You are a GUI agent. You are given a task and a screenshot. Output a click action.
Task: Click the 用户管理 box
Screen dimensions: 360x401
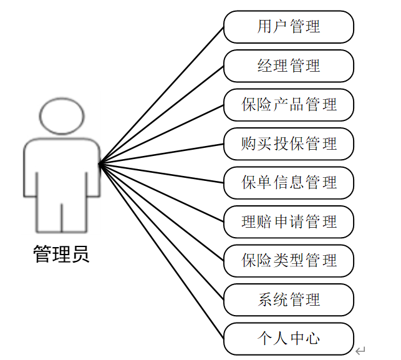pyautogui.click(x=288, y=27)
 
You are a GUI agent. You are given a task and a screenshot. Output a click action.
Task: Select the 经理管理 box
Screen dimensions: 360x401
pyautogui.click(x=288, y=66)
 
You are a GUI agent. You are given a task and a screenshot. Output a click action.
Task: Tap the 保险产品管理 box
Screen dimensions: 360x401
pyautogui.click(x=288, y=104)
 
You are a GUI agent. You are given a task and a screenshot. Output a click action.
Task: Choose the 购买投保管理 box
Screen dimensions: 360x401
pyautogui.click(x=288, y=144)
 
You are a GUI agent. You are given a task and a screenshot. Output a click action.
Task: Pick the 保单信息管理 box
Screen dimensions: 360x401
pyautogui.click(x=288, y=182)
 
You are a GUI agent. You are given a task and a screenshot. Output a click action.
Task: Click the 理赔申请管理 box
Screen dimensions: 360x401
pyautogui.click(x=288, y=221)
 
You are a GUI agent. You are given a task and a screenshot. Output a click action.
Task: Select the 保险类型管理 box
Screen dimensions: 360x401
pyautogui.click(x=288, y=260)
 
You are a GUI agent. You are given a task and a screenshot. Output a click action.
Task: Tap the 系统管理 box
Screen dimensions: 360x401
pyautogui.click(x=288, y=299)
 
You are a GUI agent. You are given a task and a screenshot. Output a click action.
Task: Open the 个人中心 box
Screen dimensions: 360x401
pyautogui.click(x=288, y=338)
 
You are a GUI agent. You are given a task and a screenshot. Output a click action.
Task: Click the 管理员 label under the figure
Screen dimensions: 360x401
pyautogui.click(x=61, y=253)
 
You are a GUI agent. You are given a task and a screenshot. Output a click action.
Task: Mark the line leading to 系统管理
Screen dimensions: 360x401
pyautogui.click(x=162, y=231)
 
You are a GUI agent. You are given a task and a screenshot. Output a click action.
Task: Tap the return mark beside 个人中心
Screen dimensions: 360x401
pyautogui.click(x=360, y=350)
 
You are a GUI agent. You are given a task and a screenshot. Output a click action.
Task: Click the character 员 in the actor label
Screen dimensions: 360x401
pyautogui.click(x=80, y=253)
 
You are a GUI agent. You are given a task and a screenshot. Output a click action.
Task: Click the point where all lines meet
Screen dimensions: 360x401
pyautogui.click(x=100, y=163)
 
